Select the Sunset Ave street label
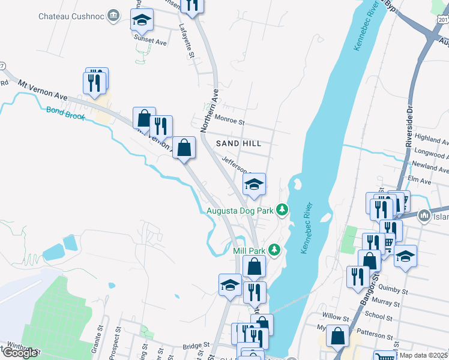pyautogui.click(x=150, y=43)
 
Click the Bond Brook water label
pyautogui.click(x=65, y=110)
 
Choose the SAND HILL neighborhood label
pyautogui.click(x=239, y=143)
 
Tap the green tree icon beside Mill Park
pyautogui.click(x=274, y=248)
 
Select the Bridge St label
pyautogui.click(x=196, y=346)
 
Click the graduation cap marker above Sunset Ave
pyautogui.click(x=142, y=21)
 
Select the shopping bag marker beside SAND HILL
pyautogui.click(x=184, y=147)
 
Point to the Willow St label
pyautogui.click(x=336, y=317)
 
